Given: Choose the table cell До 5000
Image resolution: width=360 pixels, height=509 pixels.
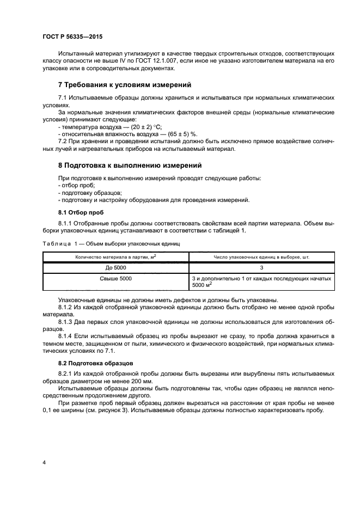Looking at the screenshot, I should click(115, 268).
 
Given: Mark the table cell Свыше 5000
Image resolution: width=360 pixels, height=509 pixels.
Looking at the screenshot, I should click(115, 279).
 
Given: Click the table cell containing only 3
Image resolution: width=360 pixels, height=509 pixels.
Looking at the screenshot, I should click(261, 268).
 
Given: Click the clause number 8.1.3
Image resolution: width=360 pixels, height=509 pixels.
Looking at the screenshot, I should click(66, 322).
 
